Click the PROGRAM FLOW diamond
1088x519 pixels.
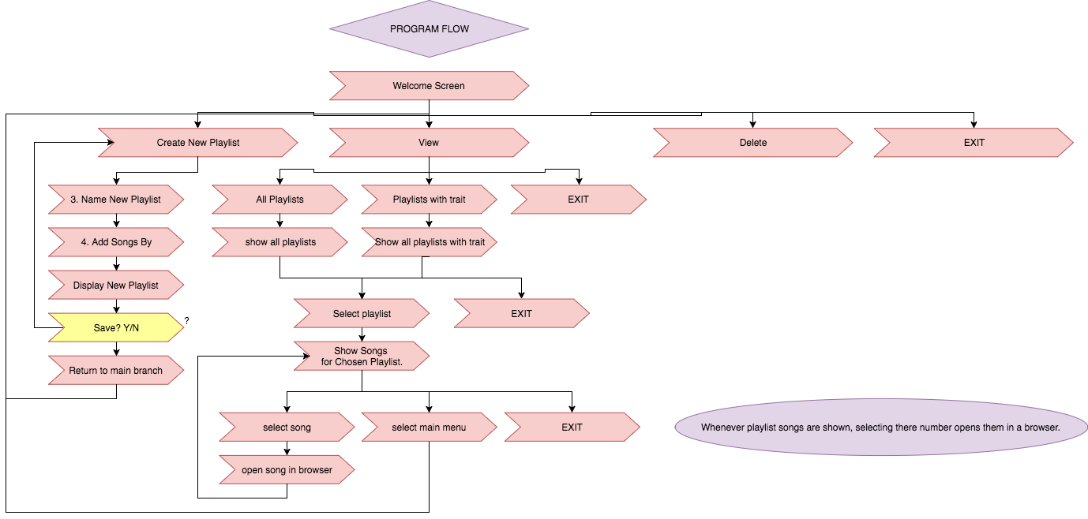click(x=429, y=29)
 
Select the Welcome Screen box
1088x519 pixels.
click(x=429, y=86)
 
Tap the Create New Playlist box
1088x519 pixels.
click(x=198, y=143)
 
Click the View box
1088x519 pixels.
click(x=429, y=143)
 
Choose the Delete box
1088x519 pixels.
click(x=753, y=143)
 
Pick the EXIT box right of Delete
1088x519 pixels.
click(x=974, y=143)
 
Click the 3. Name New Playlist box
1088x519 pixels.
click(x=116, y=200)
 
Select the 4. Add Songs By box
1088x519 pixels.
click(x=116, y=242)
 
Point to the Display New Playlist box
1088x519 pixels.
click(x=116, y=285)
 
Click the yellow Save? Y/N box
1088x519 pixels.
click(x=116, y=327)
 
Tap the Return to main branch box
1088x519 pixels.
click(x=116, y=370)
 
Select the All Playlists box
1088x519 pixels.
click(x=280, y=200)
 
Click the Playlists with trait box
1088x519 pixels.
click(x=429, y=200)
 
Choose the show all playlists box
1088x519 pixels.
click(x=280, y=242)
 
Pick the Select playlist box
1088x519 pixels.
click(x=362, y=313)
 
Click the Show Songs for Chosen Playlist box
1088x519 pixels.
click(x=362, y=356)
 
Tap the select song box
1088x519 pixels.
click(x=287, y=427)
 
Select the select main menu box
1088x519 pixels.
click(x=429, y=427)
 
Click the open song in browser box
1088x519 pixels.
click(x=287, y=469)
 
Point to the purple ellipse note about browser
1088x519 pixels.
click(x=880, y=427)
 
